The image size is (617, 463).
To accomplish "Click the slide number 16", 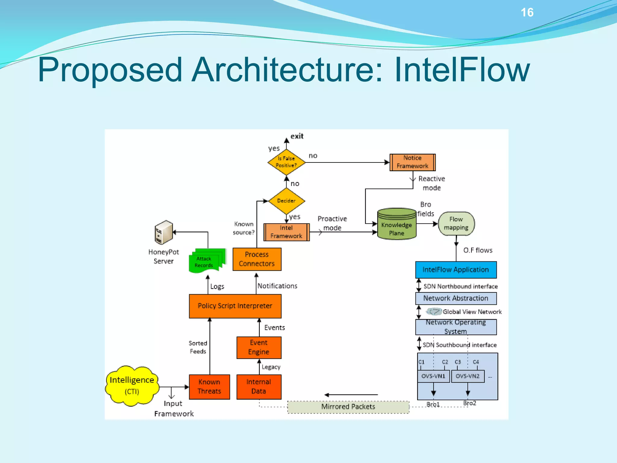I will [527, 13].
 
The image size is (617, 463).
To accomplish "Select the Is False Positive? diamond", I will [286, 162].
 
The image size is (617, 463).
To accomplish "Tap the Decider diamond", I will [286, 201].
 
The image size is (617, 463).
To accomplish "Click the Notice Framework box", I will [412, 162].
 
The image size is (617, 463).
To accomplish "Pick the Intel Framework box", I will [286, 232].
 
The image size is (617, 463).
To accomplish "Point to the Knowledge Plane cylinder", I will [396, 225].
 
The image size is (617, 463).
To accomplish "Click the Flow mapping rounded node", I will [456, 224].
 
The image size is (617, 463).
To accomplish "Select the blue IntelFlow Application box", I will [456, 270].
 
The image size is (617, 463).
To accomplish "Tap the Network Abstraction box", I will [456, 298].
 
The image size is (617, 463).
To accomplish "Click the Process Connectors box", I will [257, 259].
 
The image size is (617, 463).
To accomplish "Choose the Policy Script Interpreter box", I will [235, 306].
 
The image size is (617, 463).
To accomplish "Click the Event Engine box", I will [259, 348].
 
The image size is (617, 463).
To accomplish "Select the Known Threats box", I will [209, 387].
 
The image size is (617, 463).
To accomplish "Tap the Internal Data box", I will [259, 387].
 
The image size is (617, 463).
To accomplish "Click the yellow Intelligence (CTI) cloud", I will [132, 386].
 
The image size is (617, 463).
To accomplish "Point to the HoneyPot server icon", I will [164, 232].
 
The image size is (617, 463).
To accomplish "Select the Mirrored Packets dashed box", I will [348, 407].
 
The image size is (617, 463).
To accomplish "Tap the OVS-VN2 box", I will [468, 376].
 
